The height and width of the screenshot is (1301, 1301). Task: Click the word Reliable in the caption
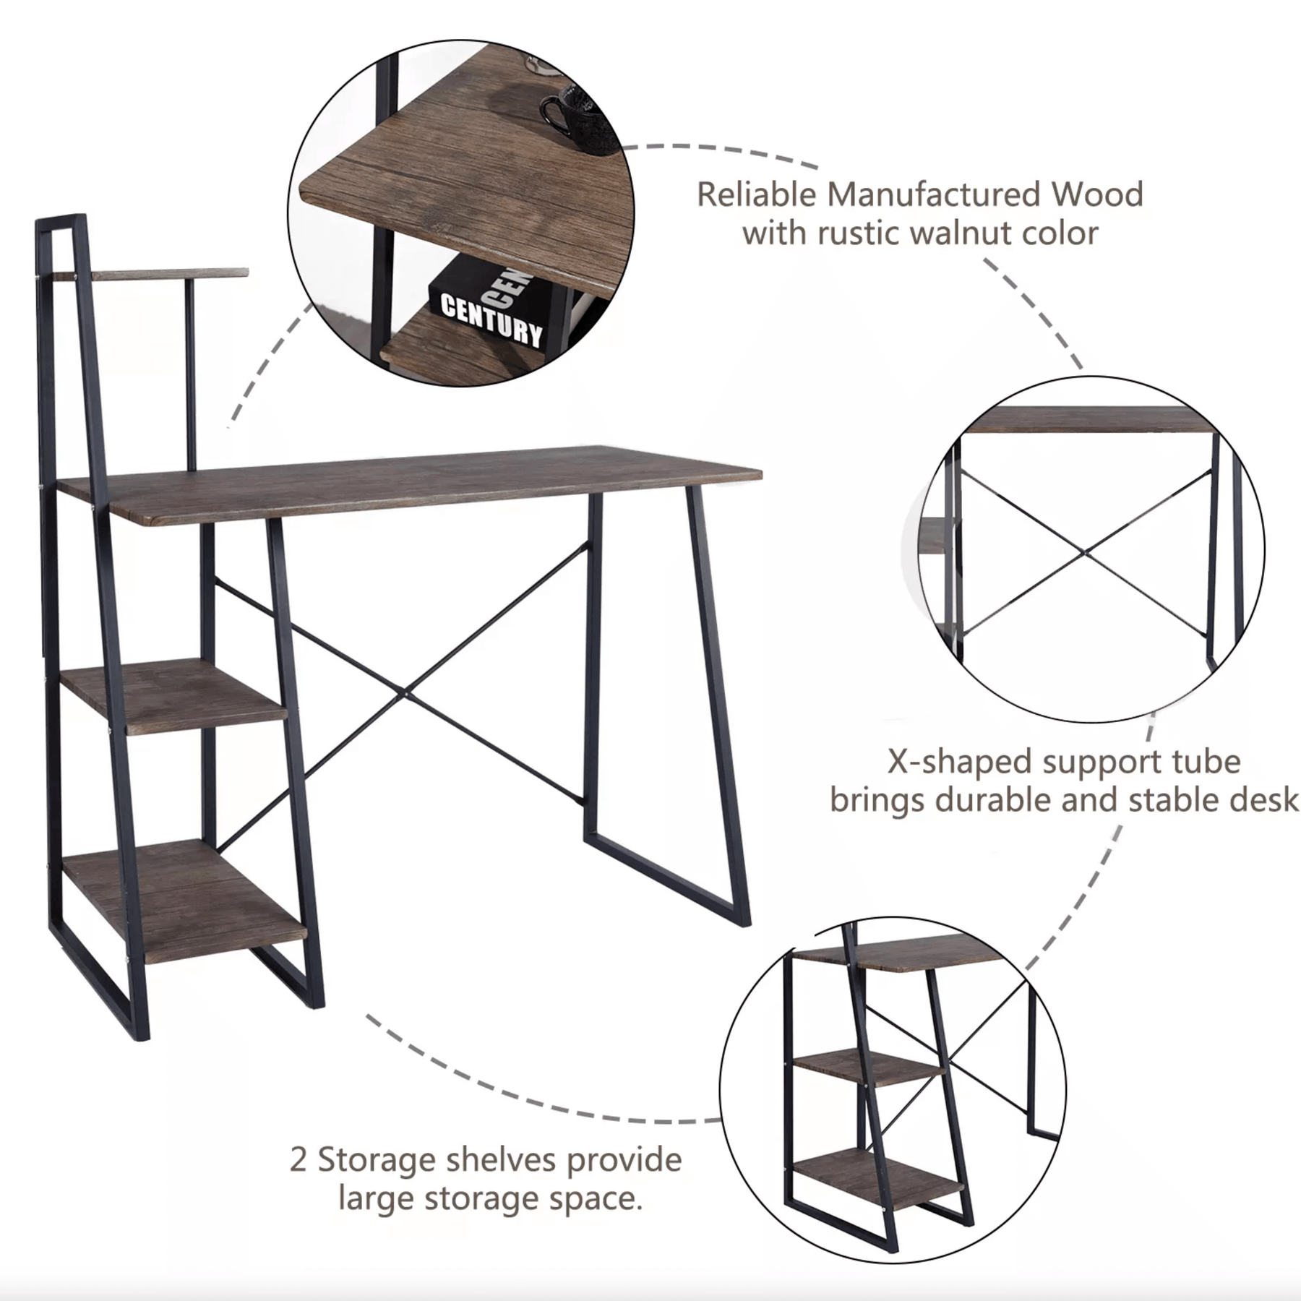tap(757, 195)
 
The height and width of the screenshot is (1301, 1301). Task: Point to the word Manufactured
tap(934, 195)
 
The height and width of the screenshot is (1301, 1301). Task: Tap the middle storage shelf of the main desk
tap(173, 695)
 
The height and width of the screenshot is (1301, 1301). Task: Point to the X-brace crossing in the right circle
tap(1086, 553)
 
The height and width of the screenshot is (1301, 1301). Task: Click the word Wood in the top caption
tap(1097, 195)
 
